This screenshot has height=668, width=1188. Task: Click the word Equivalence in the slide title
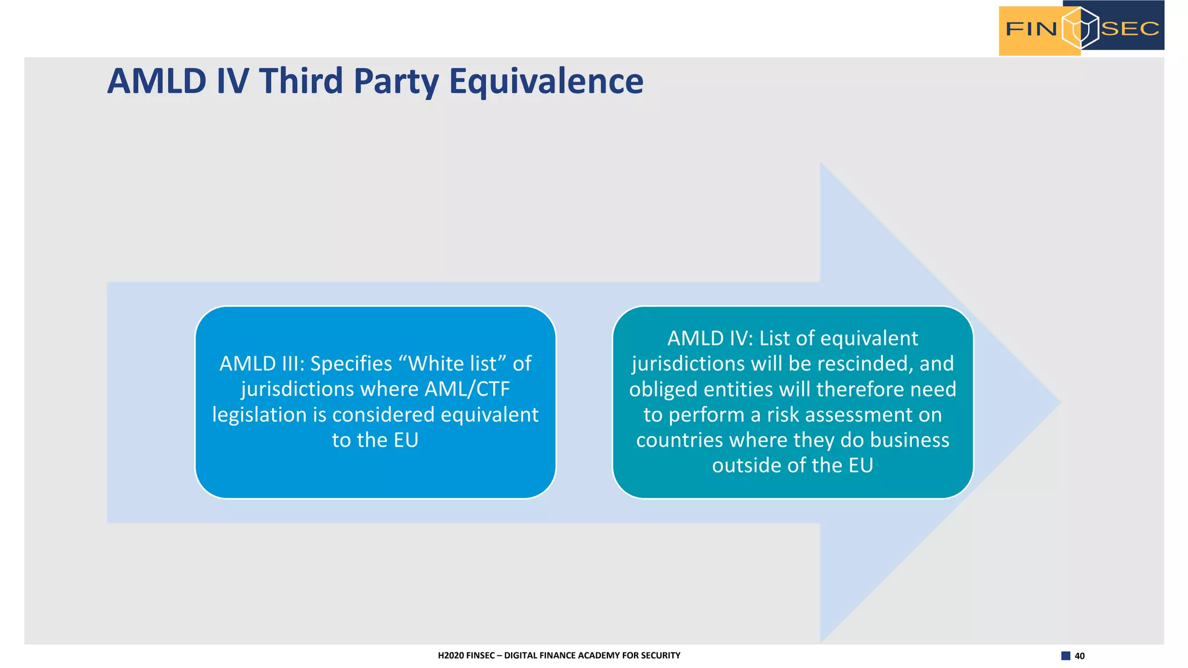pos(546,81)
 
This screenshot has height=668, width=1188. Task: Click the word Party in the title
pos(397,81)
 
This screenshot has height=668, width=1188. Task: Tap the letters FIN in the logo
pos(1031,28)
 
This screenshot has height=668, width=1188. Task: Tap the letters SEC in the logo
pos(1129,28)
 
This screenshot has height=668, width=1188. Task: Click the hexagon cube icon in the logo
pos(1080,28)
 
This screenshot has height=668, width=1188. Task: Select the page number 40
pos(1080,656)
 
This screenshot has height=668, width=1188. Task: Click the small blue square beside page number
pos(1066,656)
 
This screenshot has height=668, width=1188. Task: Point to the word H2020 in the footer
pos(451,655)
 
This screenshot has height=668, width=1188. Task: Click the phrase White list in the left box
pos(452,364)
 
